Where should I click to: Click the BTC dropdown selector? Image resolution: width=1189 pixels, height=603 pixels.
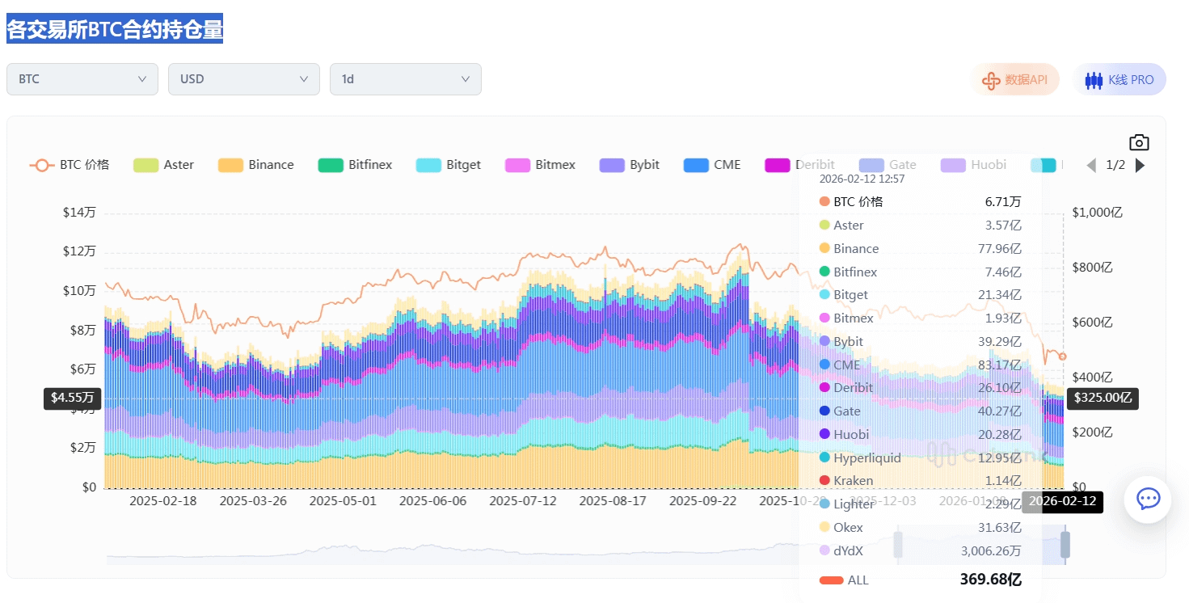82,79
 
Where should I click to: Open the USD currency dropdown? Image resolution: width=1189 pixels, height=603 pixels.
243,79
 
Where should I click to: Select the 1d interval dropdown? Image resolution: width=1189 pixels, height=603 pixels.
405,79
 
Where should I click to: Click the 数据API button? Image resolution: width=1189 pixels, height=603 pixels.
1014,79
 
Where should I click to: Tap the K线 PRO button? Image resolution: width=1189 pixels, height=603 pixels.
1119,79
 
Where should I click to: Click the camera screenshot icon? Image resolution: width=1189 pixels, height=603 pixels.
1139,143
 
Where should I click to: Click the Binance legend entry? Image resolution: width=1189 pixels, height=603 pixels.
256,165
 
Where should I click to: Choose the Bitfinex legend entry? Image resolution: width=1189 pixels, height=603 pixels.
356,165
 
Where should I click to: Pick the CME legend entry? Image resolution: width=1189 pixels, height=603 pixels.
712,165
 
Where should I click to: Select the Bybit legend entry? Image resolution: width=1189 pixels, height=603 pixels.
630,165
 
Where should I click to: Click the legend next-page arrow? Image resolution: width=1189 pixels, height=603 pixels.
1141,165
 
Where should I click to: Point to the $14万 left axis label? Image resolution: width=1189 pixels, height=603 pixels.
79,213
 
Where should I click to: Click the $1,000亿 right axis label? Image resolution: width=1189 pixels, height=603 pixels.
1097,213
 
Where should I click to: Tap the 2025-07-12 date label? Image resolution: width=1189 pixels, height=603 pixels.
523,501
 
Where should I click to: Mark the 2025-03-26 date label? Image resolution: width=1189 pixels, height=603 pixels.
253,501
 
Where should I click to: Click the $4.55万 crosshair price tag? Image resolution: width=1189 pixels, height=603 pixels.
73,398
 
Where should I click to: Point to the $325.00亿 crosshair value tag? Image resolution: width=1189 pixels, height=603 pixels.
1103,398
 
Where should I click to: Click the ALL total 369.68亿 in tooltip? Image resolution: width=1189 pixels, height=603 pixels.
990,580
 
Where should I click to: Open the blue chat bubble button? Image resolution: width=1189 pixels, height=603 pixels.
1148,499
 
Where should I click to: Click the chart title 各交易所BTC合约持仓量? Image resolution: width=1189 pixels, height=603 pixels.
115,30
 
